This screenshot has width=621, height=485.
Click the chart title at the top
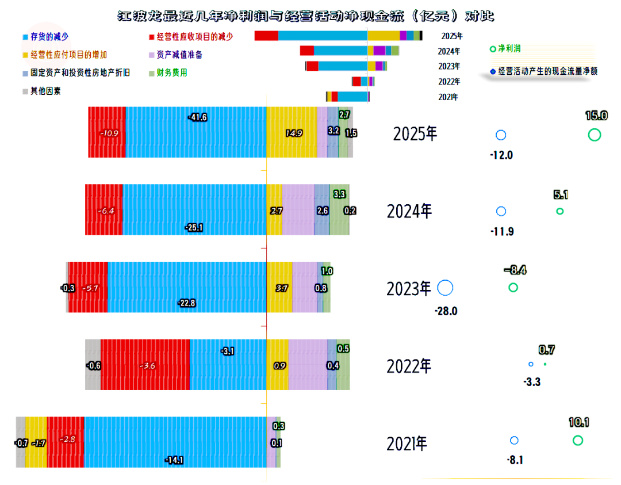305,16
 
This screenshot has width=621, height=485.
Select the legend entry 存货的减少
45,37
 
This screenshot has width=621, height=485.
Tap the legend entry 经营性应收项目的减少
191,37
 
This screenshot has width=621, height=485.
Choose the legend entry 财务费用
168,73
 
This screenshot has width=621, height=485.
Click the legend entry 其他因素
41,91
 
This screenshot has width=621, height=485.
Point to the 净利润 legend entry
505,49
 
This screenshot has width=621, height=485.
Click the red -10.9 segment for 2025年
107,132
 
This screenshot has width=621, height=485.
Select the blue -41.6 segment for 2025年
196,132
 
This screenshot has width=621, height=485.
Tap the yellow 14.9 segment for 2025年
292,132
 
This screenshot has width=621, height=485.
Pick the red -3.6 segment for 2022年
145,365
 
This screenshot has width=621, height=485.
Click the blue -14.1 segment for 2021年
175,442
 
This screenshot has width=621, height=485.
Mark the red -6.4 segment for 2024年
104,209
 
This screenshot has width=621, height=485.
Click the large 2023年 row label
409,289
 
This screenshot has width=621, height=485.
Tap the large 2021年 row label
407,444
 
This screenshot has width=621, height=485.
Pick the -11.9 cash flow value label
502,231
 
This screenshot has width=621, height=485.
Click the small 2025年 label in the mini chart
452,36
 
